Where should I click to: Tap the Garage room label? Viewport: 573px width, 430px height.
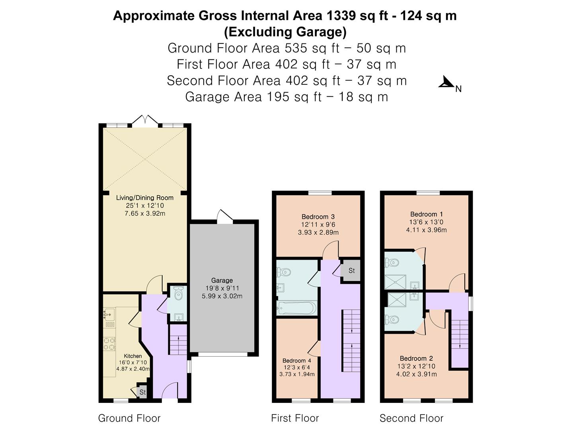[x=222, y=280]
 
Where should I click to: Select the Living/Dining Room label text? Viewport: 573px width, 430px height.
[x=144, y=197]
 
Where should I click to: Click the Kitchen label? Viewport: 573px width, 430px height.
[x=133, y=356]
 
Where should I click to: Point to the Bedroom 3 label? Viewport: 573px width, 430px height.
[x=318, y=217]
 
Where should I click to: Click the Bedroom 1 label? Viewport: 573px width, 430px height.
[x=426, y=214]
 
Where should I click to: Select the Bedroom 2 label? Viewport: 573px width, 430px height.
[x=416, y=358]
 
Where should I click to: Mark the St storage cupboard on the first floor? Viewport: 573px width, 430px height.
[x=351, y=271]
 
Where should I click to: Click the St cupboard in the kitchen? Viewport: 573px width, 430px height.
[x=142, y=392]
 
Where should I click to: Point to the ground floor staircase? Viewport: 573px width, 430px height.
[x=178, y=340]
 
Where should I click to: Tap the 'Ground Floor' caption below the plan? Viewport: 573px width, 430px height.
[x=129, y=418]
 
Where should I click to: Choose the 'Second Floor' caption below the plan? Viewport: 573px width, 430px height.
[x=411, y=418]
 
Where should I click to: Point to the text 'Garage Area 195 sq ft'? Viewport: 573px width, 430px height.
[x=253, y=97]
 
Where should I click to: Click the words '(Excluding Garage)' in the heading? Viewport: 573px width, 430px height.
[x=285, y=31]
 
